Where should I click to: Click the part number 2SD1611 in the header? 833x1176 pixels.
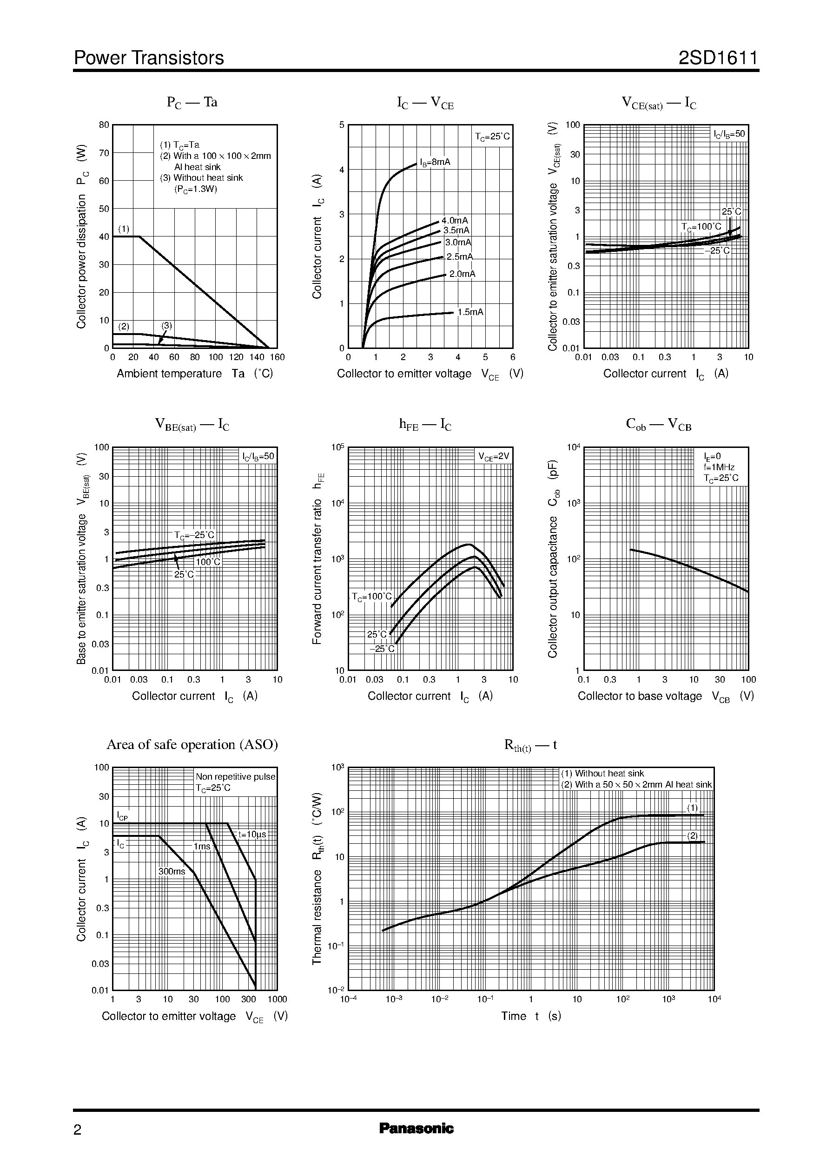718,58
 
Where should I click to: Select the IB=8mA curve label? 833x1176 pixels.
435,163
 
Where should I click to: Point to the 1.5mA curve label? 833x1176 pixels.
470,312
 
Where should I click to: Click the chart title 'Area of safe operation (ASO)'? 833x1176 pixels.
192,744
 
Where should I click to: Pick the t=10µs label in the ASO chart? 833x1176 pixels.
252,834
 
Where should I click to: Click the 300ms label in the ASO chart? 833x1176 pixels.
172,871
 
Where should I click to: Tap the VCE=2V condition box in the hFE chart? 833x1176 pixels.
494,456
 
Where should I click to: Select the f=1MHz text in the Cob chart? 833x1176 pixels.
719,467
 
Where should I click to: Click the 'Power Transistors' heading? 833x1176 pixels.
149,58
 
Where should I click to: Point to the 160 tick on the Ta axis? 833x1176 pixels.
278,357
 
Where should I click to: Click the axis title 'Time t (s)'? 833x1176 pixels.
531,1016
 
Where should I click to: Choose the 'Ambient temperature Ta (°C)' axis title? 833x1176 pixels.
195,374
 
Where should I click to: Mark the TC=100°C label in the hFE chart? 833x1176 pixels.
371,596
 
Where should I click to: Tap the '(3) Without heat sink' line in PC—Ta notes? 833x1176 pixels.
201,178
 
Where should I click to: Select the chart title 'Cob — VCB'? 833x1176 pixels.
659,425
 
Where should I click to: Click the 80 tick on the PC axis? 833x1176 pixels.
104,125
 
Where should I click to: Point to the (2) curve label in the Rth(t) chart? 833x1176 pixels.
693,835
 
